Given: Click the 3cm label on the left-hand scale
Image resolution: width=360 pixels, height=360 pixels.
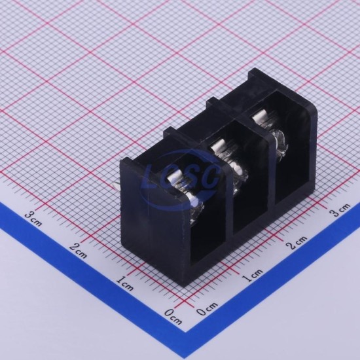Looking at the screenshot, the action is tap(33, 219).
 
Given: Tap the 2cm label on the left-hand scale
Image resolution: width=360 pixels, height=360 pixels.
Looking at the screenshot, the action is tap(79, 250).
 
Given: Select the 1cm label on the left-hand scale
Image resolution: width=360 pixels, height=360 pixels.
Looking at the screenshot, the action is tap(124, 283).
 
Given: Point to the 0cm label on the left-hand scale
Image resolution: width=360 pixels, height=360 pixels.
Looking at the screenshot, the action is tap(173, 317).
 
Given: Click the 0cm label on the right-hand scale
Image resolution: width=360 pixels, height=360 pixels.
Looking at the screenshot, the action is tap(207, 308).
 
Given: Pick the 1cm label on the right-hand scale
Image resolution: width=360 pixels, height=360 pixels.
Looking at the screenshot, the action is tap(253, 276).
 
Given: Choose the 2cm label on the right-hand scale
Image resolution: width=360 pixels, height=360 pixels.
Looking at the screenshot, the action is tap(297, 242).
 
